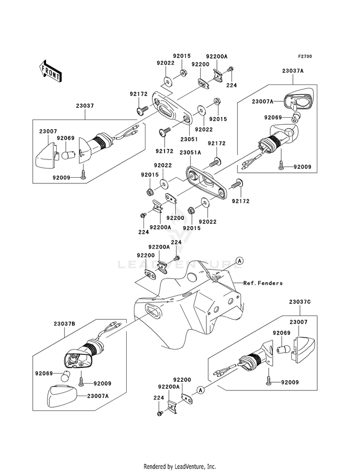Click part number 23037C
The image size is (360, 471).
[300, 302]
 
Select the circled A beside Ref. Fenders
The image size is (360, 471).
[240, 261]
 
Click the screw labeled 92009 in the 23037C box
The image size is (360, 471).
[268, 382]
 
